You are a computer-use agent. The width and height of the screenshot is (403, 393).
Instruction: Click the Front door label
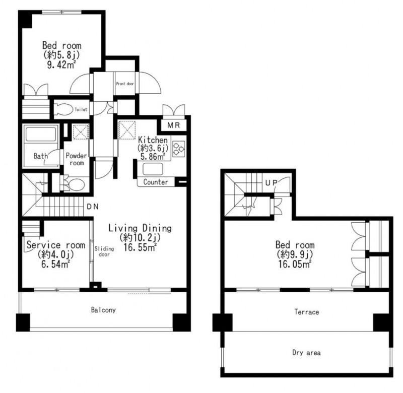coord(125,84)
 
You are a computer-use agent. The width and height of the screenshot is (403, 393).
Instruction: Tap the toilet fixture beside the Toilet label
coord(63,109)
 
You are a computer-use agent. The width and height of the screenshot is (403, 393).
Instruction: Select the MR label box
coord(173,125)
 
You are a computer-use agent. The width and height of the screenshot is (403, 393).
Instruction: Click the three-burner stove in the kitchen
coord(179,149)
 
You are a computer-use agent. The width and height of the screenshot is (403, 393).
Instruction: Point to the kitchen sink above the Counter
coord(153,169)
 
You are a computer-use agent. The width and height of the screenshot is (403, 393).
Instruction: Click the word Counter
coord(156,182)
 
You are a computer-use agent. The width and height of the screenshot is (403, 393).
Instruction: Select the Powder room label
coord(77,159)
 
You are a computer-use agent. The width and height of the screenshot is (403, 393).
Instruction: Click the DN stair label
coord(93,207)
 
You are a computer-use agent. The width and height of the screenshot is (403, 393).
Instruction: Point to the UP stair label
coord(271,183)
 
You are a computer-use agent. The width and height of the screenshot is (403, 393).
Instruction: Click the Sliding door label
coord(104,251)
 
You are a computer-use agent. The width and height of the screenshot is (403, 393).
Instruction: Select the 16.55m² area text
coord(140,247)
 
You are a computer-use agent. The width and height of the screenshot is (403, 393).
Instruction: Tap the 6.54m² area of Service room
coord(55,264)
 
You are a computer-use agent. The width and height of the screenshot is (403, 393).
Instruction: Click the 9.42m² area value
coord(61,65)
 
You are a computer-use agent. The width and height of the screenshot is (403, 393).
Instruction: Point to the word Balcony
coord(103,310)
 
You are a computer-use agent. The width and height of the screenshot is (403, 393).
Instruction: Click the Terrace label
coord(307,312)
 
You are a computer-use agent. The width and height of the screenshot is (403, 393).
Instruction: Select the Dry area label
coord(306,353)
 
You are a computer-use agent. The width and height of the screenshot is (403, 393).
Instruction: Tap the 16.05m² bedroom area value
coord(295,264)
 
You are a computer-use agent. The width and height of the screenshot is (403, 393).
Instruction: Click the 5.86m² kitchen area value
coord(153,157)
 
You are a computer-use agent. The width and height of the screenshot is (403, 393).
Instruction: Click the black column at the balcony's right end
coord(181,322)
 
